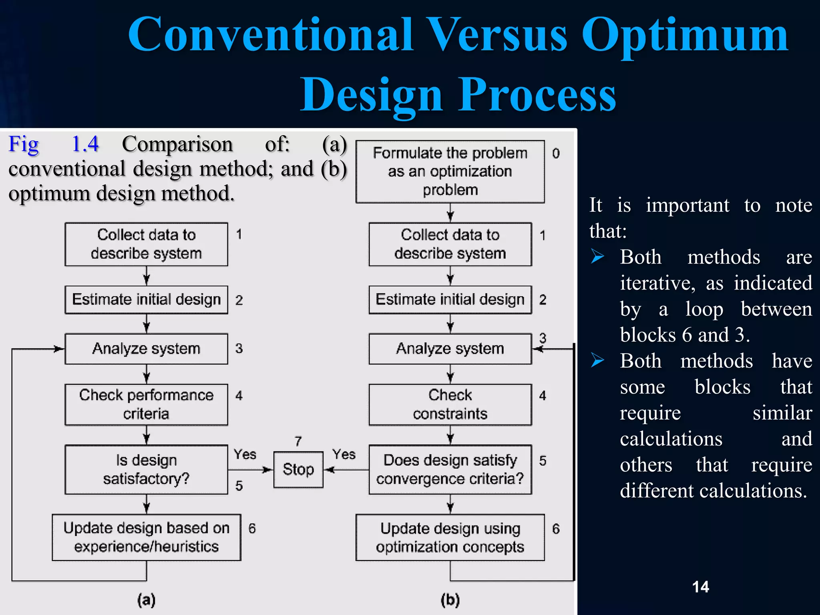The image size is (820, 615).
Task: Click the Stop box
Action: tap(298, 469)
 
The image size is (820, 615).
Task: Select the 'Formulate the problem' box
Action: tap(450, 171)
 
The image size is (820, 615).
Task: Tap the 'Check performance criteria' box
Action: tap(146, 404)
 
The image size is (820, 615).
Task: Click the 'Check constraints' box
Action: tap(450, 404)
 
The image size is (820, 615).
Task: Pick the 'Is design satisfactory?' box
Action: tap(146, 469)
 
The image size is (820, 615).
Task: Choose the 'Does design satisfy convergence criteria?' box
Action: tap(450, 469)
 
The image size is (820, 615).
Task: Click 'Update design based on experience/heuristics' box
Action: tap(146, 537)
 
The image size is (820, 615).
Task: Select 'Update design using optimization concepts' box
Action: tap(450, 537)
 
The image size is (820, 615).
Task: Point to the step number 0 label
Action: tap(556, 153)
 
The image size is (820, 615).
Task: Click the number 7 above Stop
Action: tap(298, 441)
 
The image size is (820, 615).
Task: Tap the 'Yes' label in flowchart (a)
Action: tap(245, 454)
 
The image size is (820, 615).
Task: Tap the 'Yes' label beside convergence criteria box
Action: tap(344, 454)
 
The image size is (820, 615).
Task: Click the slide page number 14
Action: tap(700, 587)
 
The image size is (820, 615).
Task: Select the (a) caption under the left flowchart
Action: tap(146, 600)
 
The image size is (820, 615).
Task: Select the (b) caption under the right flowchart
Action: tap(450, 600)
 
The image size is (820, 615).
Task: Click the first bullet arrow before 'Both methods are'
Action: tap(597, 256)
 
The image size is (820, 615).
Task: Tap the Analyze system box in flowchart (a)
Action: tap(146, 349)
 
